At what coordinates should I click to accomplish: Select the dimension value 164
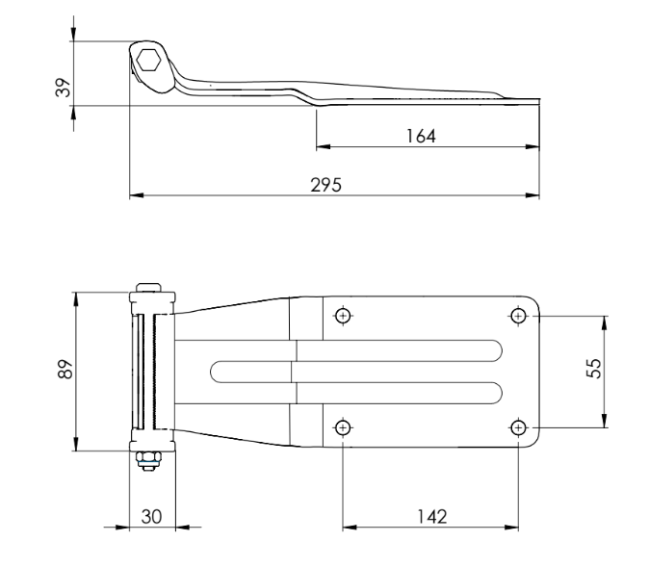click(421, 137)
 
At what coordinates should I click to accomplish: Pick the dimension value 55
click(593, 371)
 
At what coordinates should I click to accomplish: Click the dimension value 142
click(431, 517)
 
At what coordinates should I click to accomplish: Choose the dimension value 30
click(151, 517)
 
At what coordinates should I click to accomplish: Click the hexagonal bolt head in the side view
click(149, 61)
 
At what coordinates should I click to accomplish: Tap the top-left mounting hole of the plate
click(342, 315)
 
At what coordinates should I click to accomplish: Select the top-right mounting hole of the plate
click(519, 315)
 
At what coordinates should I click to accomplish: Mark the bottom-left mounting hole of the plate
click(342, 426)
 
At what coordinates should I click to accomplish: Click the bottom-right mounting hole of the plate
click(519, 426)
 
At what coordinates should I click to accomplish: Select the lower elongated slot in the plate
click(356, 390)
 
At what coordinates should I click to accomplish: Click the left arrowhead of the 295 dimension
click(134, 196)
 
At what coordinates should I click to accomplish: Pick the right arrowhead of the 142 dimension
click(514, 528)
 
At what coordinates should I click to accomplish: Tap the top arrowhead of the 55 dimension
click(604, 320)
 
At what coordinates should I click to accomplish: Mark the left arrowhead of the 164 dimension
click(321, 147)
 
